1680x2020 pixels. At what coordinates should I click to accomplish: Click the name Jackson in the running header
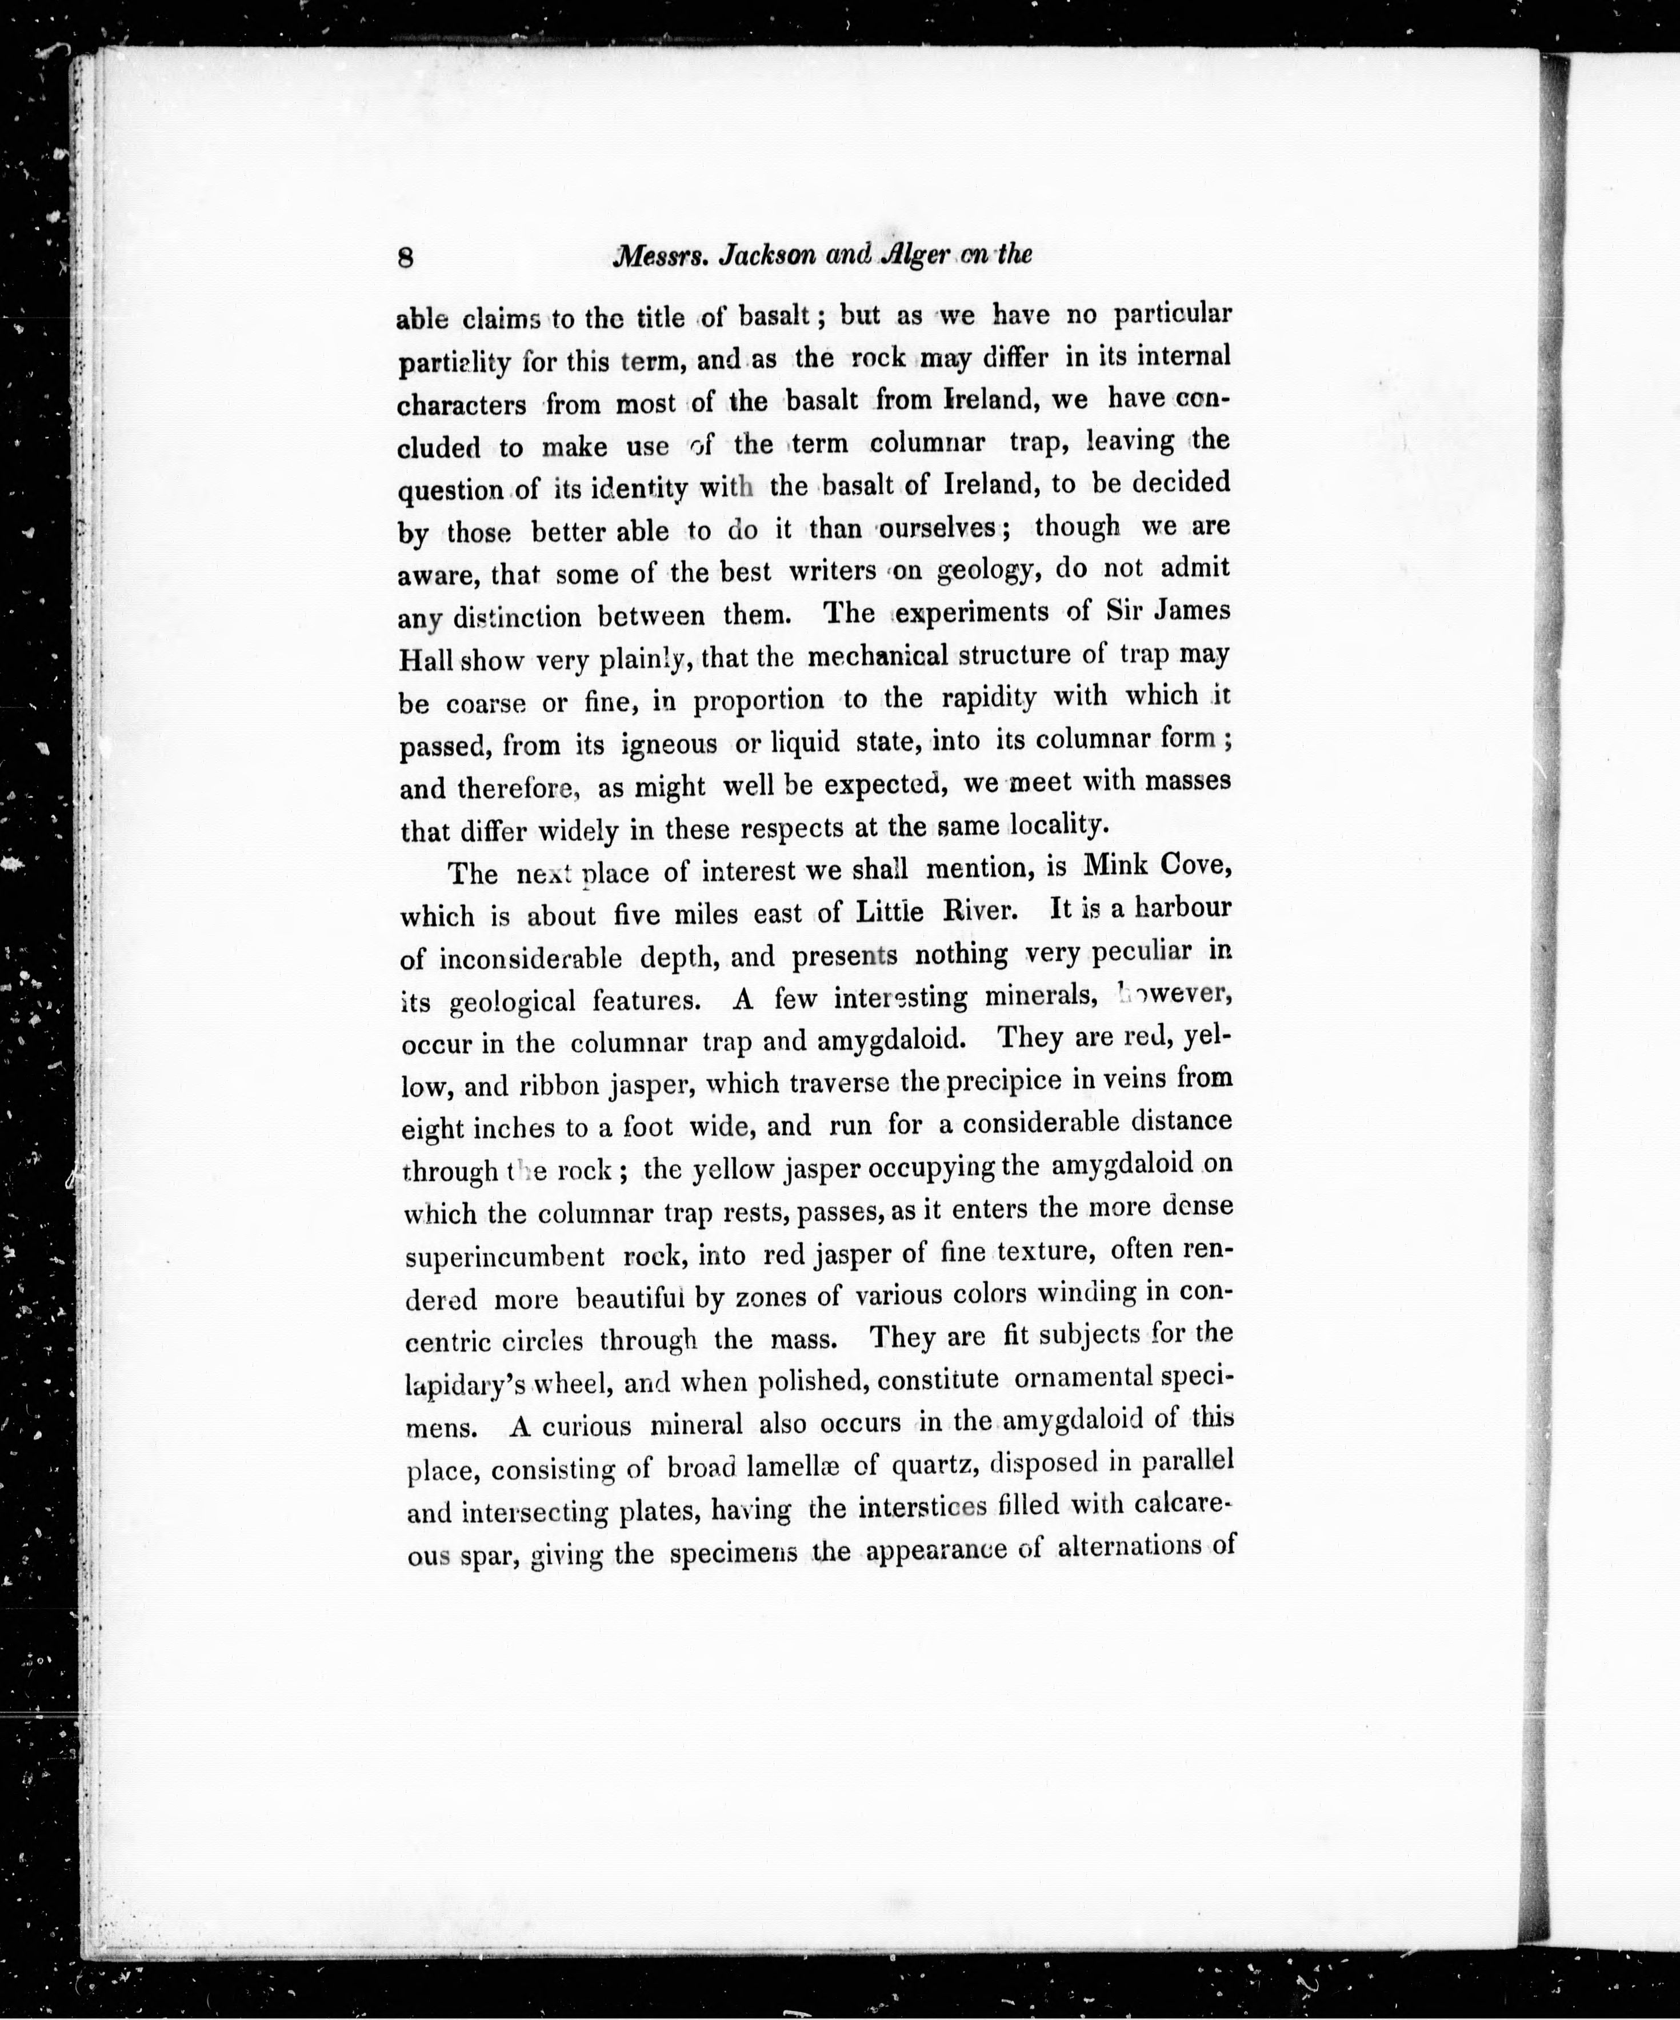point(760,256)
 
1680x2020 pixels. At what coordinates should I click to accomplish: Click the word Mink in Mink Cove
point(1117,865)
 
